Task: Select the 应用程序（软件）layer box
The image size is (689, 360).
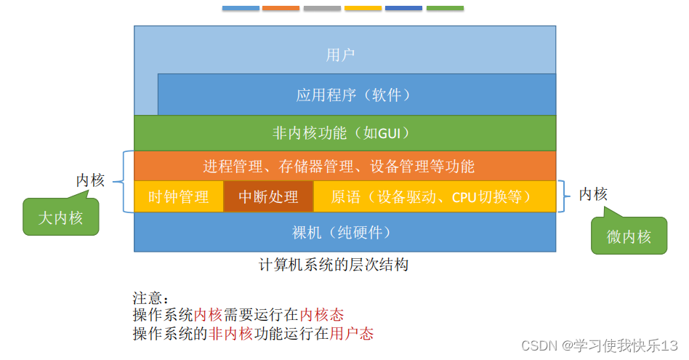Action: (x=356, y=95)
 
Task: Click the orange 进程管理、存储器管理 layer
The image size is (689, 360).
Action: (x=339, y=166)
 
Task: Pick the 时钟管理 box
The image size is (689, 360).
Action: (x=178, y=196)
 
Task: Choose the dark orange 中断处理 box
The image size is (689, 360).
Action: (x=268, y=196)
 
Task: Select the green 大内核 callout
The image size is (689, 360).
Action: (x=60, y=217)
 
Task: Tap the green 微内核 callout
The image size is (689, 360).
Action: (x=629, y=236)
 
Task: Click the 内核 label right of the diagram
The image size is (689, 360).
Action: (x=593, y=194)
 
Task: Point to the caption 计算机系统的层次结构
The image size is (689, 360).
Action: (x=334, y=265)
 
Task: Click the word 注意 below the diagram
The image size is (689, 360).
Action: (x=148, y=298)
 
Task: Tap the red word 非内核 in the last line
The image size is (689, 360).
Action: (x=231, y=334)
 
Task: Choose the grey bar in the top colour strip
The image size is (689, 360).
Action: (x=322, y=8)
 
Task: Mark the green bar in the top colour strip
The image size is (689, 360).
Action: (x=445, y=8)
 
